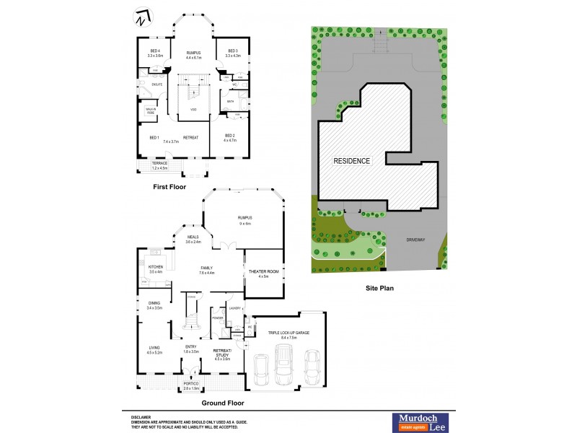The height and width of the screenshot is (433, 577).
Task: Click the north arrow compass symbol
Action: point(143,17)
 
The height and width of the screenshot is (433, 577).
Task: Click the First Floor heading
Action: point(169,186)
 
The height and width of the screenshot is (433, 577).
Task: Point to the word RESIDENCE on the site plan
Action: point(351,161)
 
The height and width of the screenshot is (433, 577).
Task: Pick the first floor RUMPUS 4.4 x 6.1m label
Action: point(193,55)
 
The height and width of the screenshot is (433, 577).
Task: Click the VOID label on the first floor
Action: point(193,109)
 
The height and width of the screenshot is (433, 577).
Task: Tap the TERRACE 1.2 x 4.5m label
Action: point(159,165)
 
